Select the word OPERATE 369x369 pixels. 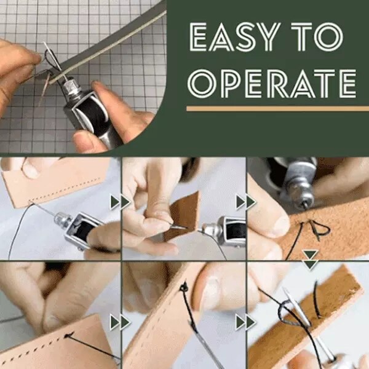pyautogui.click(x=272, y=84)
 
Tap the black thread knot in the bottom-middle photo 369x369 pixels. pyautogui.click(x=184, y=287)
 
